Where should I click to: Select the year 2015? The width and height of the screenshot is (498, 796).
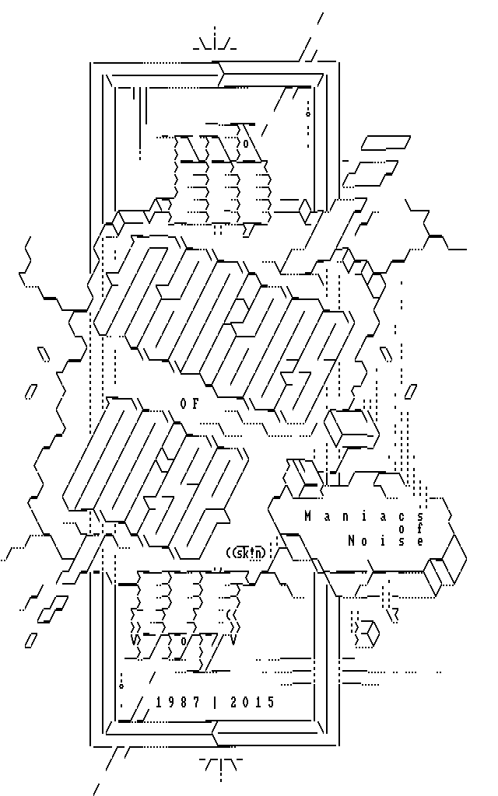click(x=253, y=703)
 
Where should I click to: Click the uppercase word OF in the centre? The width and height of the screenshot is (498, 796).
click(x=190, y=403)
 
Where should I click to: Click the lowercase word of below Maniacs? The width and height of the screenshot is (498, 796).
click(x=409, y=529)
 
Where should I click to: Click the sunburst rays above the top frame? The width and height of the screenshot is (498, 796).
click(x=216, y=43)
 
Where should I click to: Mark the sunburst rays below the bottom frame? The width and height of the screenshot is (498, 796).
click(x=221, y=766)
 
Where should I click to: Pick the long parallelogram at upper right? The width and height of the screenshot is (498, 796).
click(x=385, y=142)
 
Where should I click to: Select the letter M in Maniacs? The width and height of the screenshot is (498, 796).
click(x=307, y=516)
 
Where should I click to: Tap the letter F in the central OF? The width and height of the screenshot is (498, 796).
click(x=196, y=403)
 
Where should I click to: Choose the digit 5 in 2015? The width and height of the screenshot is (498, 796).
click(x=271, y=703)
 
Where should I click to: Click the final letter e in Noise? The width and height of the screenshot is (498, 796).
click(x=421, y=541)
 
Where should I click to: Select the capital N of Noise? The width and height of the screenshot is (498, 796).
click(x=352, y=541)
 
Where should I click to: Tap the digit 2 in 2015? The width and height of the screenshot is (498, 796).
click(x=234, y=703)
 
